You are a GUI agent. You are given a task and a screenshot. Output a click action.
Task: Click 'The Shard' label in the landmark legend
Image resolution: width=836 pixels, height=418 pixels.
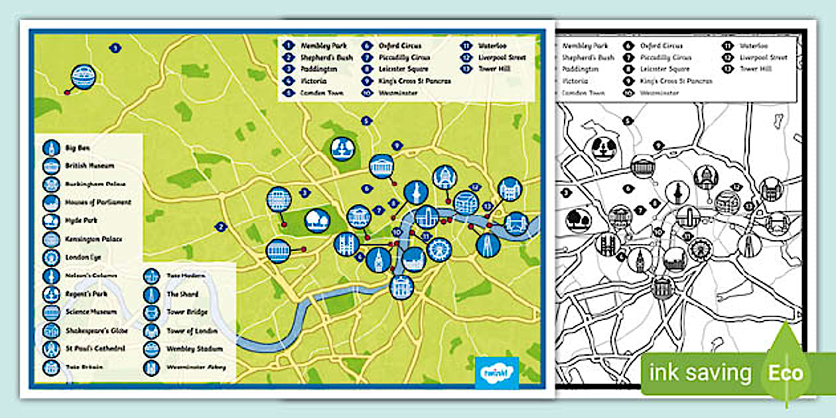tap(182, 294)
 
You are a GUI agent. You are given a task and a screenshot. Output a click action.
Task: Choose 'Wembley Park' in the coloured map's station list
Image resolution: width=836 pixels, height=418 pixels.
tap(324, 46)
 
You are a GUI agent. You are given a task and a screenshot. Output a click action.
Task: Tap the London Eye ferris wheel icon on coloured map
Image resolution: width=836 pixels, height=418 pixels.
tap(438, 250)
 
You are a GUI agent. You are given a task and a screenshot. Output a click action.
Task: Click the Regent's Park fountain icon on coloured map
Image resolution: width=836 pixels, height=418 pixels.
tap(343, 149)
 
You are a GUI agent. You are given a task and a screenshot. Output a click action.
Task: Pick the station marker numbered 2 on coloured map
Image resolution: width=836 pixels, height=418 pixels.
tap(220, 227)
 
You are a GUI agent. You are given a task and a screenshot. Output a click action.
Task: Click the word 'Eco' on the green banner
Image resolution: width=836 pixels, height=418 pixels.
tap(786, 373)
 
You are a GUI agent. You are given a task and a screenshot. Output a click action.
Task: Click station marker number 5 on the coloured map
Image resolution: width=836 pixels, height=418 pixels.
tap(365, 121)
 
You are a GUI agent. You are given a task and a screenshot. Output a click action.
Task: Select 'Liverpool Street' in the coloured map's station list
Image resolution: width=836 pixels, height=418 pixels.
tap(502, 57)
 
